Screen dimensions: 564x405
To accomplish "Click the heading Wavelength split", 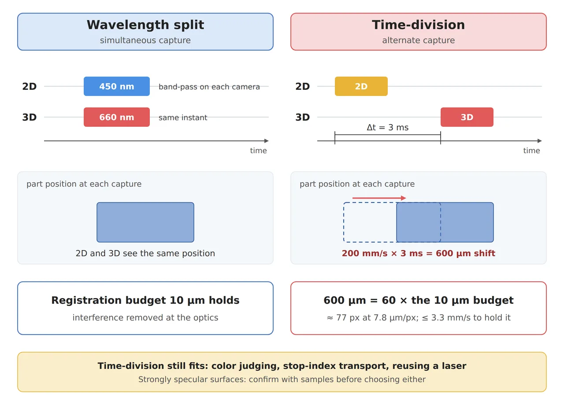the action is tap(145, 25).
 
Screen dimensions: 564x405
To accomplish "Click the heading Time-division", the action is tap(418, 25).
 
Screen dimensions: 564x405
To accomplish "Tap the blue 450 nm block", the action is tap(117, 86).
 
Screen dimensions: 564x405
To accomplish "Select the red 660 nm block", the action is tap(117, 117).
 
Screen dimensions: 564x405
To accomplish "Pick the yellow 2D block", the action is tap(361, 86).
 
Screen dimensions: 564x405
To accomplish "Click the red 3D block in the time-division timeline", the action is tap(467, 117).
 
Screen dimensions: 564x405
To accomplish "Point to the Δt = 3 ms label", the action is tap(387, 128).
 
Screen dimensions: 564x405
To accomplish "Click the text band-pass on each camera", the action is tap(209, 87).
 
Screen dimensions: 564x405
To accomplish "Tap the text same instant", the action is tap(183, 118).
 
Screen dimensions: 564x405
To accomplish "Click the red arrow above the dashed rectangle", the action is tap(379, 198).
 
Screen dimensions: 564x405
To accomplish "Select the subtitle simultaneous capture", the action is tap(145, 40).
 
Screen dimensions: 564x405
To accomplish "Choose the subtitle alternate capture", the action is tap(419, 40).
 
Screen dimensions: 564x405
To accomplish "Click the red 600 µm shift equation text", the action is tap(419, 253).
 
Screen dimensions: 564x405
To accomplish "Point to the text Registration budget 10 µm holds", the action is tap(145, 300).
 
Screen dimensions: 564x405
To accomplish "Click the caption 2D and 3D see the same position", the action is tap(145, 253).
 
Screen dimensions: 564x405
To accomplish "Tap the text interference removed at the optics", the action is tap(145, 318).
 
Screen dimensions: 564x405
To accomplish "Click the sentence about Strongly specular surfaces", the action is tap(282, 379).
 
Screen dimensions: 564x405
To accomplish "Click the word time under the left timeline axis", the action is tap(258, 151).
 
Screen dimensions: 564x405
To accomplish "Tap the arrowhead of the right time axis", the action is tap(540, 141).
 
